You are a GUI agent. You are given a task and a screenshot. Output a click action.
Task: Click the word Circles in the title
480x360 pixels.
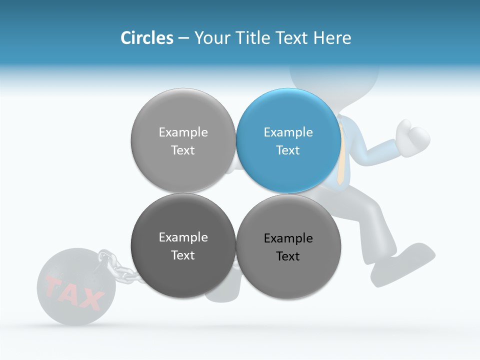(146, 38)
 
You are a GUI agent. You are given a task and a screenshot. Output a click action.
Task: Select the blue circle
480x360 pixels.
(288, 140)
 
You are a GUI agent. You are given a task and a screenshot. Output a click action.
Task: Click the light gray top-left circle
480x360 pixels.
(183, 140)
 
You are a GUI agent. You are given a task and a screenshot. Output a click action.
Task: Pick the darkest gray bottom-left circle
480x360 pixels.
(183, 245)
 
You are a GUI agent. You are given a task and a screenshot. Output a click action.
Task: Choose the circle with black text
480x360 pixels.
(288, 246)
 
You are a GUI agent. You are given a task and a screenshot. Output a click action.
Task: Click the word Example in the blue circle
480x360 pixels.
(288, 132)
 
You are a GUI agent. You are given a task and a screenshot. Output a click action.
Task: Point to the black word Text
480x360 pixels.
(288, 256)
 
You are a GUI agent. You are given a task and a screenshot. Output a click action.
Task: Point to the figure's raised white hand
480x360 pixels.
(413, 133)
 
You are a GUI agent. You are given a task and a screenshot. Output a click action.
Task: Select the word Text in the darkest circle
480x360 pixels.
(183, 255)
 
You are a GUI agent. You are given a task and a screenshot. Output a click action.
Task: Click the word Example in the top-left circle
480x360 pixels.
(183, 132)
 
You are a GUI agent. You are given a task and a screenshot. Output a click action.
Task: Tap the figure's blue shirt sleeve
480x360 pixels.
(372, 152)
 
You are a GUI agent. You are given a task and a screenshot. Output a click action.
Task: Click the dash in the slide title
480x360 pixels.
(183, 38)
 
